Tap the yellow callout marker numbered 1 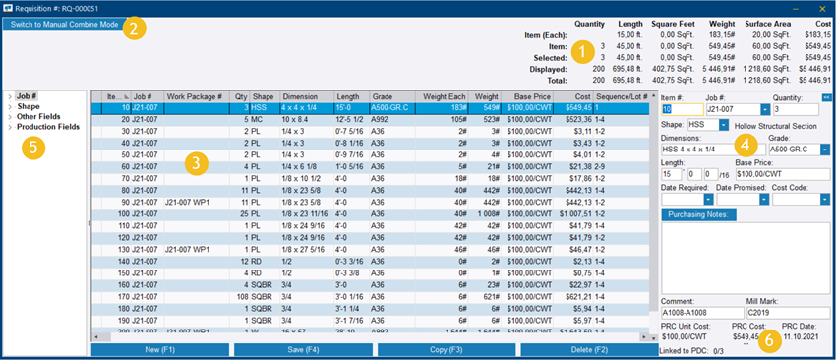[x=583, y=49]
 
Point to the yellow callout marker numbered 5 [x=33, y=148]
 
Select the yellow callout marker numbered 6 [x=771, y=338]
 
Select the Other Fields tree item [x=39, y=117]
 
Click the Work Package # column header [x=194, y=97]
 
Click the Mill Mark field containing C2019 [x=787, y=313]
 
